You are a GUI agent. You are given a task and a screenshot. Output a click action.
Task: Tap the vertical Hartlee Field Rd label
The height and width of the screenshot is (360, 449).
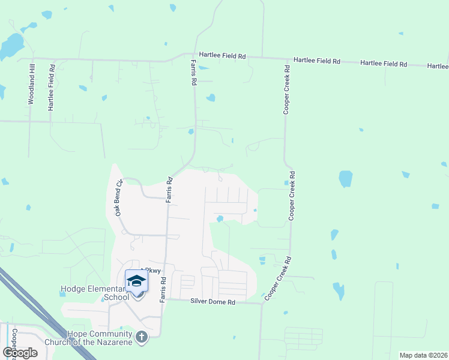[51, 86]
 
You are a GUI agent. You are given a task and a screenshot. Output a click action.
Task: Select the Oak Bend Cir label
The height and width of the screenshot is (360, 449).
[118, 197]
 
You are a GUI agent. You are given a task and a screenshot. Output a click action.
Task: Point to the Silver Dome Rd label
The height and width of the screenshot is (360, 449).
[212, 302]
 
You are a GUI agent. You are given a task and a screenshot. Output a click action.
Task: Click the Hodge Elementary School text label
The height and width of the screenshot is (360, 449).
[94, 293]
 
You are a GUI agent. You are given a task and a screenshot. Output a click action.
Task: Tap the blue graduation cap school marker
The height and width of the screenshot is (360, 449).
[136, 281]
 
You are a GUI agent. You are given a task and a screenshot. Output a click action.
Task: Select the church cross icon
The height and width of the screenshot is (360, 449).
[142, 337]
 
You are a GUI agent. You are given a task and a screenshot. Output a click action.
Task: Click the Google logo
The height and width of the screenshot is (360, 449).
[20, 353]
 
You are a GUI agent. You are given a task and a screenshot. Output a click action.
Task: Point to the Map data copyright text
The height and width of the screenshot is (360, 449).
[423, 355]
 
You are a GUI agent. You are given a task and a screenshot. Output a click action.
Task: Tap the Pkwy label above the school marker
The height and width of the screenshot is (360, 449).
[151, 271]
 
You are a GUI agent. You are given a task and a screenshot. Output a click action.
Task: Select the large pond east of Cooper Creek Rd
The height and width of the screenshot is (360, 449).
[345, 179]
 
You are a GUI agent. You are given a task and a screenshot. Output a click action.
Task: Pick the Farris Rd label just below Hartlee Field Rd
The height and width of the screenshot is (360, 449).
[194, 73]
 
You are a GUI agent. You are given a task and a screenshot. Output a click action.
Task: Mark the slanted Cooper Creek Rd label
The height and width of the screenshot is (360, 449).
[277, 278]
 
